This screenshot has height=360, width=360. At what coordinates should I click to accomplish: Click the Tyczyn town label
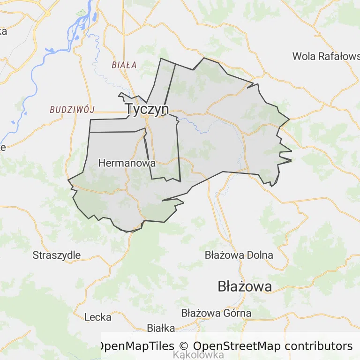pyautogui.click(x=147, y=109)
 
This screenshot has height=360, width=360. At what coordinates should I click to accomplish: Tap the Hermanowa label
pyautogui.click(x=127, y=164)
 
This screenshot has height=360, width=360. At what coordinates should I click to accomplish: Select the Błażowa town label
pyautogui.click(x=245, y=286)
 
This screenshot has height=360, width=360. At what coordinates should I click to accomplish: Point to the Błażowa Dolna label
pyautogui.click(x=239, y=255)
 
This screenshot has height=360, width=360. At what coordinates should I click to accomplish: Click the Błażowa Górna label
pyautogui.click(x=216, y=313)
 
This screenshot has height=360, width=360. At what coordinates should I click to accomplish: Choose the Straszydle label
pyautogui.click(x=57, y=255)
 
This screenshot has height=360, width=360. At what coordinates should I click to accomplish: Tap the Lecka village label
pyautogui.click(x=98, y=317)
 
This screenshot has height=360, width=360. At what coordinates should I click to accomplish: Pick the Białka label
pyautogui.click(x=161, y=328)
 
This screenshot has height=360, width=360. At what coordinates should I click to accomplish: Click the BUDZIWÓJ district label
pyautogui.click(x=72, y=110)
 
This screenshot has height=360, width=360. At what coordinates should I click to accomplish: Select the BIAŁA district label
pyautogui.click(x=124, y=65)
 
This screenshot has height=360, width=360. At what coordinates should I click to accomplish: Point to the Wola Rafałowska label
pyautogui.click(x=326, y=56)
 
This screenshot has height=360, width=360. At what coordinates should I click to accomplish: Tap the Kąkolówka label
pyautogui.click(x=198, y=355)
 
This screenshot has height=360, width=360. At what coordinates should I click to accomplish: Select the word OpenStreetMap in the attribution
pyautogui.click(x=237, y=346)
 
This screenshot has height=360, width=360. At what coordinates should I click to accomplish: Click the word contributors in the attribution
pyautogui.click(x=318, y=346)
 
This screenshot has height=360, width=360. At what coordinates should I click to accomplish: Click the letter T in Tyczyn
pyautogui.click(x=129, y=109)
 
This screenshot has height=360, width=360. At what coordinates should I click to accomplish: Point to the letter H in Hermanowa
pyautogui.click(x=101, y=164)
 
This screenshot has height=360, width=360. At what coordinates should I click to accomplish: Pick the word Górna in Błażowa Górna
pyautogui.click(x=237, y=313)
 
